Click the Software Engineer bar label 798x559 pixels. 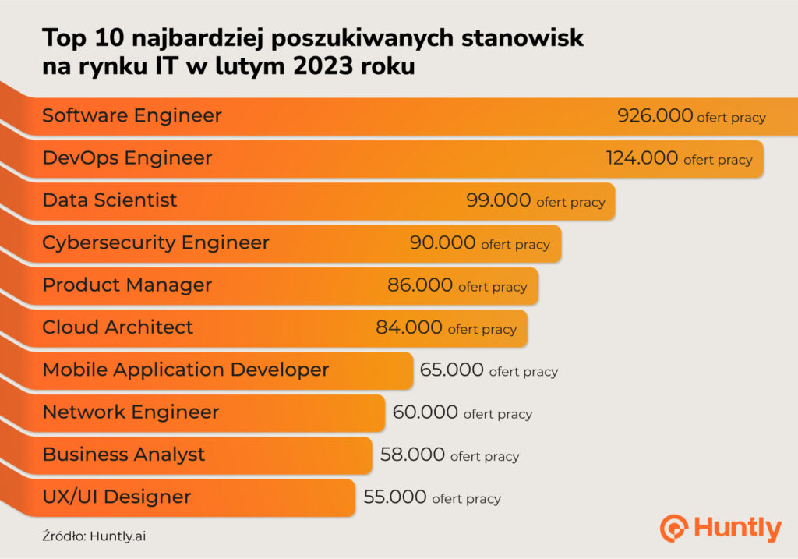132,116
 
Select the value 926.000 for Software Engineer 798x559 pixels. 655,116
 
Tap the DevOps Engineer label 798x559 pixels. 127,158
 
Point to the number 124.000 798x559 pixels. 642,158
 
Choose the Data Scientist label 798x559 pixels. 110,200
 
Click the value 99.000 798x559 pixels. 499,200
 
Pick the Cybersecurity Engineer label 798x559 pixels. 156,242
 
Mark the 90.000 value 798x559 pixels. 443,242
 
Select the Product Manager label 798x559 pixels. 127,285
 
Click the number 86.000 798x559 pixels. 420,285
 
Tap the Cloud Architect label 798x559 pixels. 118,327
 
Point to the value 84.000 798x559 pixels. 409,327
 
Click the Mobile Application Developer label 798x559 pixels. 185,370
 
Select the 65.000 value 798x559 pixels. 452,370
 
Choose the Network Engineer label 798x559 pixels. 131,412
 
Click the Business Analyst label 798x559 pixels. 124,455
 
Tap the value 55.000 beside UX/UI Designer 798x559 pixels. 395,497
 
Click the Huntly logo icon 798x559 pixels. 673,528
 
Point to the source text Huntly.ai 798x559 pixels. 118,536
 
